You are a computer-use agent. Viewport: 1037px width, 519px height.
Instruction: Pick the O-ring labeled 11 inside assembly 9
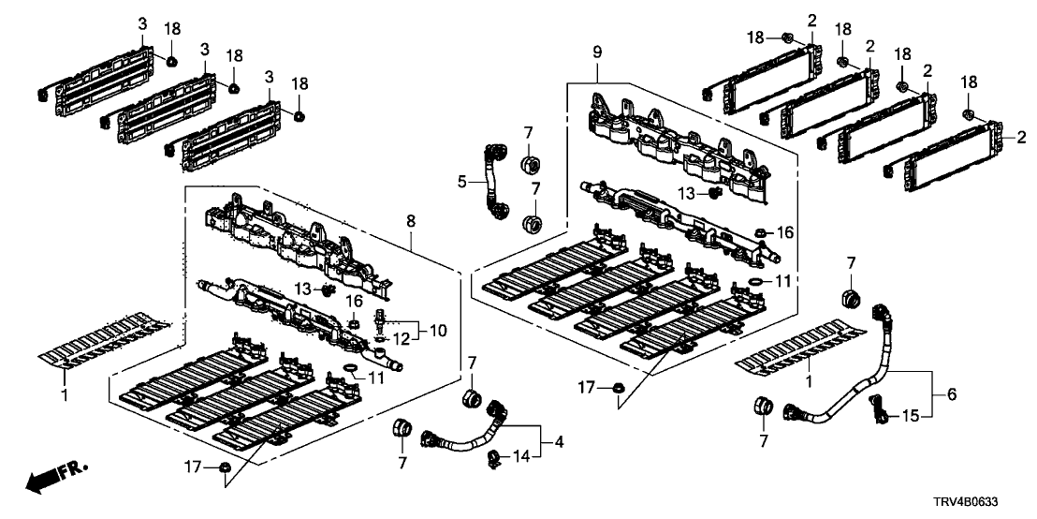coord(751,282)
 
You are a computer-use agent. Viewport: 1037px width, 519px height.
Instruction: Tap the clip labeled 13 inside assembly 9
coord(715,193)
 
